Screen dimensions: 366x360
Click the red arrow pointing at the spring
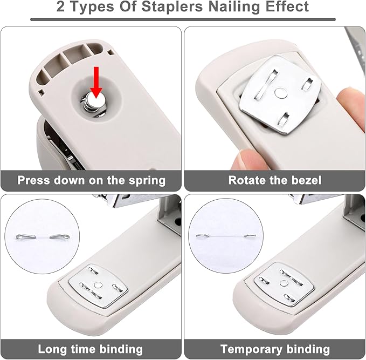tap(96, 82)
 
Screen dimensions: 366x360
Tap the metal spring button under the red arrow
tap(94, 103)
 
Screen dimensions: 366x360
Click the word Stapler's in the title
tap(172, 7)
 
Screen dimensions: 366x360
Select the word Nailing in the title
tap(233, 7)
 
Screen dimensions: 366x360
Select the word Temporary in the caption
tap(252, 350)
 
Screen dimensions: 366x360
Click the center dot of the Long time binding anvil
tap(98, 285)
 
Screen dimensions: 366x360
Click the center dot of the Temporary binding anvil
tap(283, 283)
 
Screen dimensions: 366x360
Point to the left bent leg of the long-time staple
tap(26, 237)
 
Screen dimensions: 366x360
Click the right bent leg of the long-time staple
tap(59, 237)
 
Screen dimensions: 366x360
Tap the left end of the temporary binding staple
tap(201, 236)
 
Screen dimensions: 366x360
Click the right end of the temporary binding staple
tap(250, 236)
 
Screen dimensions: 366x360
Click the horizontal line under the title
tap(183, 19)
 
